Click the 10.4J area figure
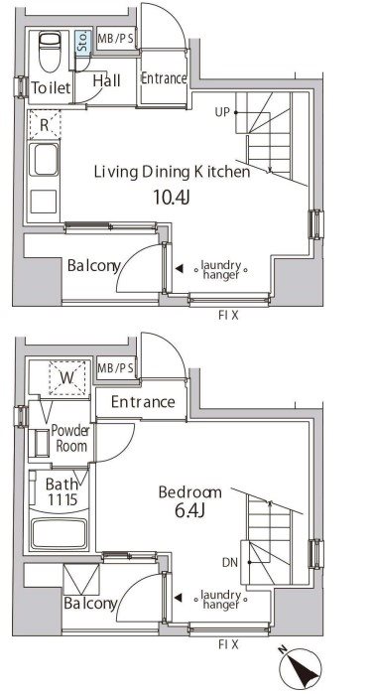click(172, 196)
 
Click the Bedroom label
click(188, 491)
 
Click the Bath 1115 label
click(52, 491)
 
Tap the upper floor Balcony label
click(93, 266)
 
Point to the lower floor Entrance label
click(143, 402)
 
